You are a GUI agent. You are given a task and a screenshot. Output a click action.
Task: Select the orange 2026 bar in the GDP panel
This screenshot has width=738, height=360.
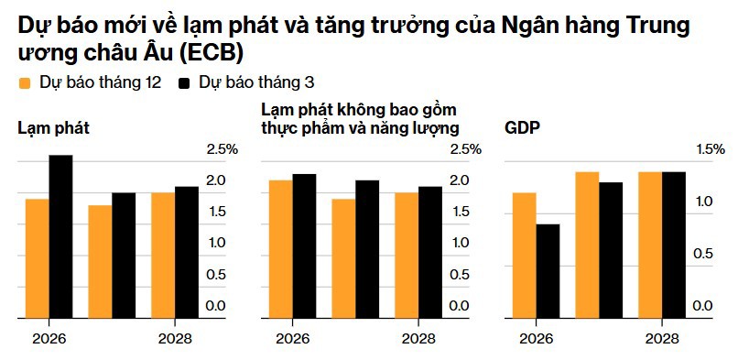524,256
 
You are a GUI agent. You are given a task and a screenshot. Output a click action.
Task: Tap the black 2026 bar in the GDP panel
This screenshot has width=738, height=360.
548,271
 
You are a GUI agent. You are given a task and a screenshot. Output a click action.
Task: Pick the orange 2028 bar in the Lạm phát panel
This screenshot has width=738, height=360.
162,256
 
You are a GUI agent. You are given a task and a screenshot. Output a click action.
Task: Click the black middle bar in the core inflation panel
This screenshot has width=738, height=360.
367,249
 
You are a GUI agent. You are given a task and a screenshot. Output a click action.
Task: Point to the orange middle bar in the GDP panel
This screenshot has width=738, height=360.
587,245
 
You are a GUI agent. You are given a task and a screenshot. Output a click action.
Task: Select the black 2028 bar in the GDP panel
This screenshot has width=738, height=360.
674,245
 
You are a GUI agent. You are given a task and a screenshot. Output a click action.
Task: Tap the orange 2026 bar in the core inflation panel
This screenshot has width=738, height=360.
280,249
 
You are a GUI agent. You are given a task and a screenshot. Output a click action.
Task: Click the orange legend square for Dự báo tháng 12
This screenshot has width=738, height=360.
26,83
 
